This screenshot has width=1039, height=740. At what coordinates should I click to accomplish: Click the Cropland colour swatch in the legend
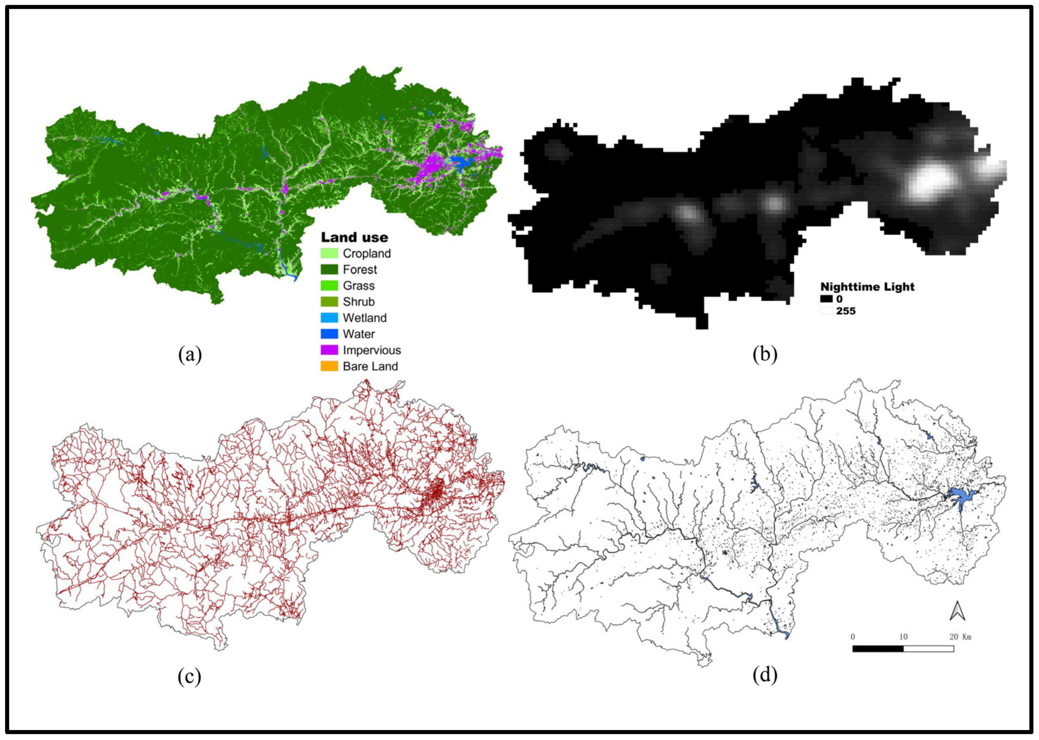[x=329, y=253]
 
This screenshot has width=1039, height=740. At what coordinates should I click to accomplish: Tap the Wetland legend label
[x=364, y=318]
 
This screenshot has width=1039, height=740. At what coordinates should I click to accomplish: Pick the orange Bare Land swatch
[x=329, y=366]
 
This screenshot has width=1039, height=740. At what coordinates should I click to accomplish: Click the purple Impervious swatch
[x=329, y=350]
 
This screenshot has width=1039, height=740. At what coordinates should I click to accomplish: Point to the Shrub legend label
[x=359, y=302]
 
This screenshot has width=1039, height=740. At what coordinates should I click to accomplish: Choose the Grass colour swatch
[x=329, y=286]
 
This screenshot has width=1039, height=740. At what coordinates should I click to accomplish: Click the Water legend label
[x=359, y=334]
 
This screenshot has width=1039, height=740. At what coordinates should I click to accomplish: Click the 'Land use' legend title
[x=354, y=237]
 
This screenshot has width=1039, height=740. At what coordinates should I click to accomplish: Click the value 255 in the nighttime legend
[x=845, y=311]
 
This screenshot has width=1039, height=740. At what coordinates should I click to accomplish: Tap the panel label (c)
[x=189, y=677]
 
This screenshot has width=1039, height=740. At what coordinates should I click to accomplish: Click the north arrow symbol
[x=957, y=611]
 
